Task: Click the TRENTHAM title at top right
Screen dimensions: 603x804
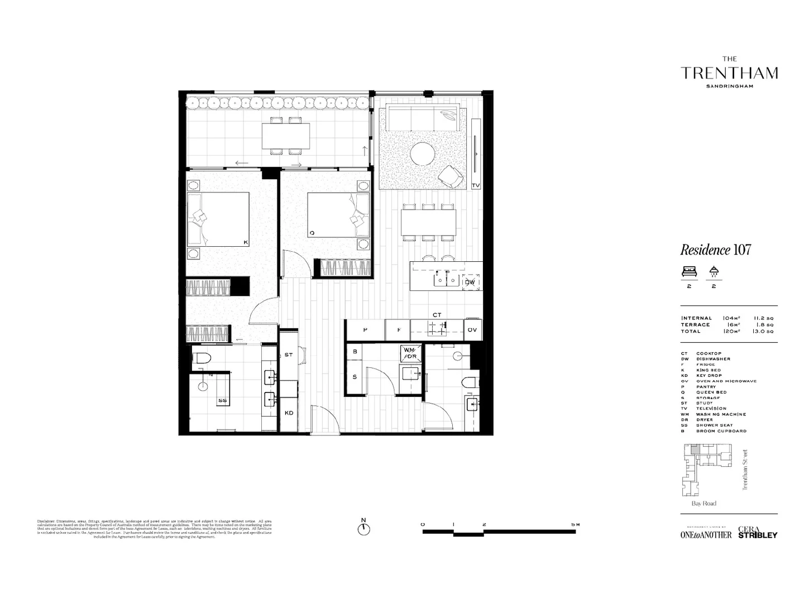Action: click(x=729, y=73)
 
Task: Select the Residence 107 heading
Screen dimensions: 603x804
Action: click(x=715, y=250)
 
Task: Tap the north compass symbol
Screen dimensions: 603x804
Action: click(x=363, y=528)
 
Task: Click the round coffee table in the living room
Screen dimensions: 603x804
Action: click(x=423, y=154)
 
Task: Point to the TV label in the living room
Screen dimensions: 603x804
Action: click(x=476, y=185)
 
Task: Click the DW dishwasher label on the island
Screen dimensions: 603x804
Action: click(x=470, y=283)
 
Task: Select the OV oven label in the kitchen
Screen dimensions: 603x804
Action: click(x=472, y=330)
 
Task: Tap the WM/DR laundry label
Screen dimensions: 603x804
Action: click(x=410, y=353)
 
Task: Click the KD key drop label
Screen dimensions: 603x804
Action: click(x=289, y=413)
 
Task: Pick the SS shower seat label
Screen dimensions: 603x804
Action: click(x=222, y=400)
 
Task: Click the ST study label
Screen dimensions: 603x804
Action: click(x=289, y=355)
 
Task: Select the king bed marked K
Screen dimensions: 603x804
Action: click(x=218, y=219)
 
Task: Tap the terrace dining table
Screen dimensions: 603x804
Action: click(x=286, y=135)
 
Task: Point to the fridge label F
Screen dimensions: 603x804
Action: click(x=399, y=330)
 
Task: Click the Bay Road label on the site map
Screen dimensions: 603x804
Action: click(x=703, y=504)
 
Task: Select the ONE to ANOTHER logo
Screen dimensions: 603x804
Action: click(x=706, y=534)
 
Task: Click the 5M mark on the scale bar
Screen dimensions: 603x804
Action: click(x=575, y=525)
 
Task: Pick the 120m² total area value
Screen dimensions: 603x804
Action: click(x=731, y=331)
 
